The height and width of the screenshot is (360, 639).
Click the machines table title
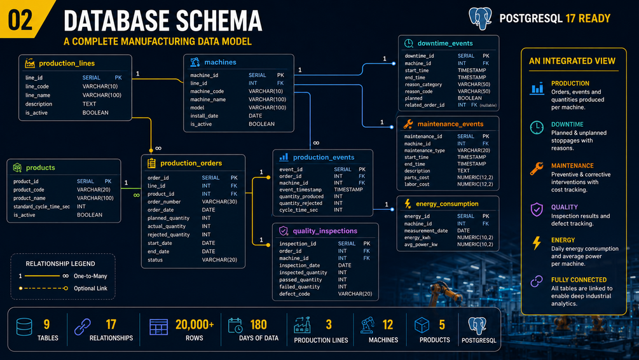click(x=220, y=62)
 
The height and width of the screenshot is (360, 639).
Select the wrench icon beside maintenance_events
click(x=408, y=124)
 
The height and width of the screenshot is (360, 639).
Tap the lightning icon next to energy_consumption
click(x=408, y=204)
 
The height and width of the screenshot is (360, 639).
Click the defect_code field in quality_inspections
click(x=294, y=294)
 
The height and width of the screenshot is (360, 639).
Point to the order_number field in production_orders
click(x=164, y=202)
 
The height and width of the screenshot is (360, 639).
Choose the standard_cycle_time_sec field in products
click(x=41, y=207)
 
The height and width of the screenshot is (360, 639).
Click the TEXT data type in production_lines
click(x=89, y=104)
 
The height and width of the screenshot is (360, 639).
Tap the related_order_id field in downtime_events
click(x=425, y=105)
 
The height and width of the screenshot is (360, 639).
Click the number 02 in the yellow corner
click(x=20, y=20)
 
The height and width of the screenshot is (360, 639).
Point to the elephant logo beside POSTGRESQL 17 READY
click(x=480, y=18)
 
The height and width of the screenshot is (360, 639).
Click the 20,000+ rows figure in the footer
click(x=195, y=324)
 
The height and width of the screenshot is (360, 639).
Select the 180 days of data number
click(x=258, y=324)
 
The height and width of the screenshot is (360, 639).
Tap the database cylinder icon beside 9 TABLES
click(x=24, y=327)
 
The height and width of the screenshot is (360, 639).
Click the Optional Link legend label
click(x=90, y=288)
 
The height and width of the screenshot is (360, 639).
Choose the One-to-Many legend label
click(x=90, y=276)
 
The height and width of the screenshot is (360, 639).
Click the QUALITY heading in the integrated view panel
click(x=565, y=207)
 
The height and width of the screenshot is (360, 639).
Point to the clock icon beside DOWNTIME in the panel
click(x=537, y=128)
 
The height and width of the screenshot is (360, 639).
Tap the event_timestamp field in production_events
click(x=300, y=190)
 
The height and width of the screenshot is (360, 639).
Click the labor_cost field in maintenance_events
click(x=416, y=184)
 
